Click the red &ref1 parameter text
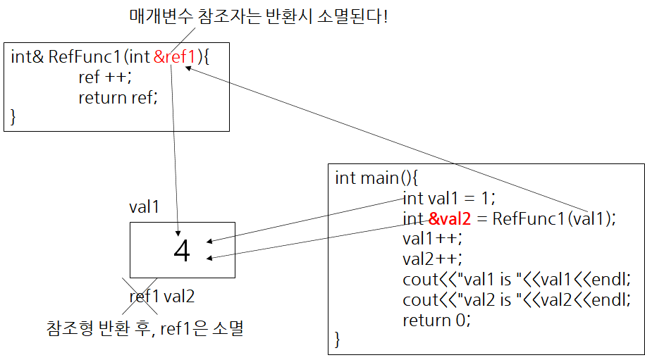coord(173,57)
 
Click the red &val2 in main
coord(448,218)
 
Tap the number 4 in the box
coord(182,251)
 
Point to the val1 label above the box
coord(144,207)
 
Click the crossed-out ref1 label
coord(144,297)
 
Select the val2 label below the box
coord(179,297)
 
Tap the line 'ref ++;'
coord(105,77)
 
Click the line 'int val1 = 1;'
coord(449,198)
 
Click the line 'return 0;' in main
coord(436,321)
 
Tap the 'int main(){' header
coord(377,178)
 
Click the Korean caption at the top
coord(259,16)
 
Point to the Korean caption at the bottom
coord(145,328)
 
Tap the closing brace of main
coord(338,340)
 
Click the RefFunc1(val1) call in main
coord(553,218)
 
